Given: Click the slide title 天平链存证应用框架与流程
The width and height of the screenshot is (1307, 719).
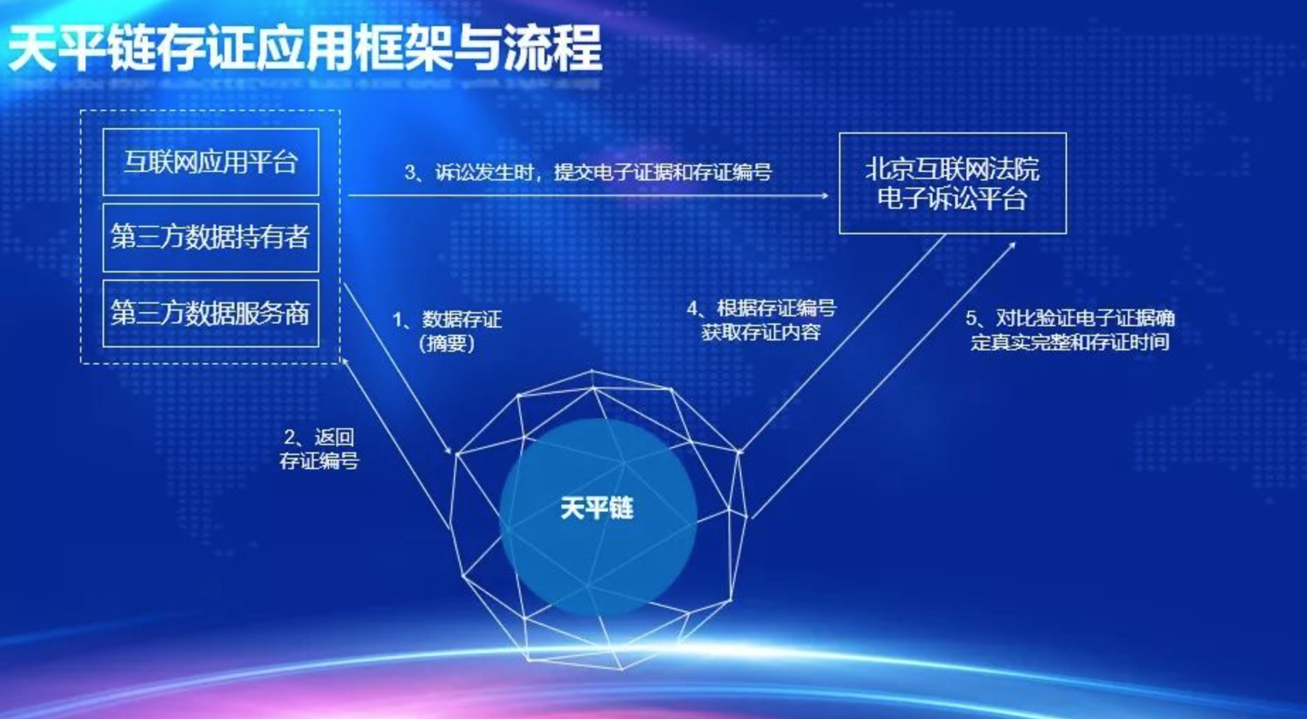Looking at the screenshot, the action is pos(304,48).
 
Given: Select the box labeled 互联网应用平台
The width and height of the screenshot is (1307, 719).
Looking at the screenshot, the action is pos(211,162).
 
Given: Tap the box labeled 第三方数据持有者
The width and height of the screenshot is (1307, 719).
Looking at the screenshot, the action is pos(211,238).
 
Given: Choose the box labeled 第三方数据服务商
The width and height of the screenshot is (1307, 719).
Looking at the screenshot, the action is pos(211,314).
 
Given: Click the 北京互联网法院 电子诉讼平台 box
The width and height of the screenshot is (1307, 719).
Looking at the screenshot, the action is pos(952,183).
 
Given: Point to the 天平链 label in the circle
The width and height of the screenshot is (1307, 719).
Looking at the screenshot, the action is pos(596,508).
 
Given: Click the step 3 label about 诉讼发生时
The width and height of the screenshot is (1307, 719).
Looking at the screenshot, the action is pos(588,172).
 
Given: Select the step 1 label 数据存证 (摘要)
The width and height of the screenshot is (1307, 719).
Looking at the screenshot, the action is pos(447,331).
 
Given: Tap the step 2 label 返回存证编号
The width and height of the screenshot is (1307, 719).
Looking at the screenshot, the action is pos(319,449).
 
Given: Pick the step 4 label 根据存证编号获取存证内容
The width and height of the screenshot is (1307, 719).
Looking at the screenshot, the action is pos(761,320).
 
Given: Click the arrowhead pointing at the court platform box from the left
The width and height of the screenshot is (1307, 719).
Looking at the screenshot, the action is pos(824,195).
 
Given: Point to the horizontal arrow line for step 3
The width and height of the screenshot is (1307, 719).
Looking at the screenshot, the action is pos(588,195).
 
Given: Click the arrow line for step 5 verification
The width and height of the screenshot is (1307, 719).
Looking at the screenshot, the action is pos(884,379).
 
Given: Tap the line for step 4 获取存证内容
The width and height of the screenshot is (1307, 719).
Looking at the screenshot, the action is pos(843,343).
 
